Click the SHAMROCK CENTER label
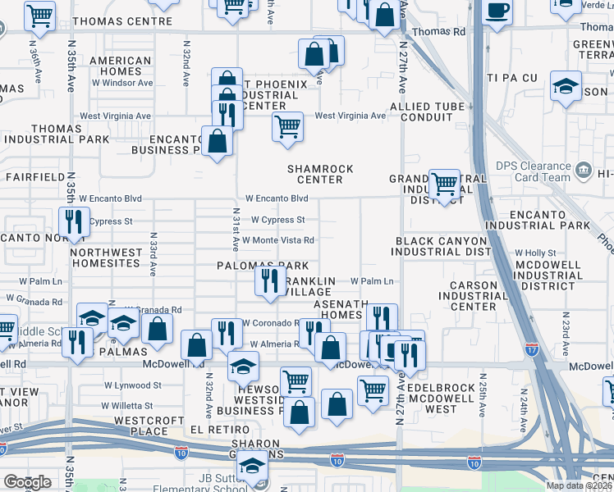coord(320,175)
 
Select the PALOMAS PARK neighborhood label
coord(263,266)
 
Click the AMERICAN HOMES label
coord(121,66)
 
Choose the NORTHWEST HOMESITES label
coord(107,258)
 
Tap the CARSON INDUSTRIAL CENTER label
coord(468,296)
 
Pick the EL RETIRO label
coord(219,430)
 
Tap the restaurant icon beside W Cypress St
coord(74,221)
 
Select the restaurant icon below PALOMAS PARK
coord(269,281)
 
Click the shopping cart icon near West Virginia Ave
coord(287,127)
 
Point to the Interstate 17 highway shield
coord(532,348)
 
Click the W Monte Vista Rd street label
coord(277,240)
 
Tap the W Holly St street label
coord(535,253)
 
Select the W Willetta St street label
coord(127,405)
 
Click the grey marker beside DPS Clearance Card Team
coord(584,171)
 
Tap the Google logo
coord(27,482)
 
